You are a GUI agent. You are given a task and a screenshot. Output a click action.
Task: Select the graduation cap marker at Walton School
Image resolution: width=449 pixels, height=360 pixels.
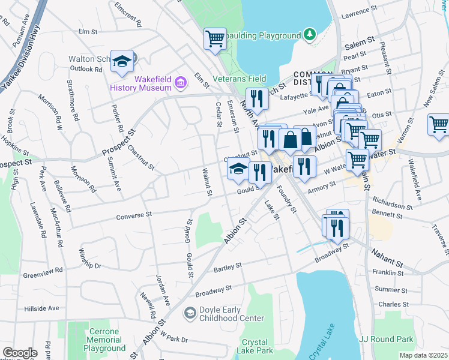click(122, 61)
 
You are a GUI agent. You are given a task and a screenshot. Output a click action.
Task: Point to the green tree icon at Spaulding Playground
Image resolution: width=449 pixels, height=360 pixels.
click(310, 34)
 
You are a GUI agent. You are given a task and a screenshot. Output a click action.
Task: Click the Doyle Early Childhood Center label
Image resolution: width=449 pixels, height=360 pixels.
click(231, 313)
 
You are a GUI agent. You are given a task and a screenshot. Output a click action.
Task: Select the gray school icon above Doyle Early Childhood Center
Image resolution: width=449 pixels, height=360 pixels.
click(190, 313)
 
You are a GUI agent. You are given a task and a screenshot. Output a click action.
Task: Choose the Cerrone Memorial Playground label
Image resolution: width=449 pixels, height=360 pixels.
click(104, 340)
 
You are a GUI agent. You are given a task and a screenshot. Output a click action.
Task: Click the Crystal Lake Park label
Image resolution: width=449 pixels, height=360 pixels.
click(255, 346)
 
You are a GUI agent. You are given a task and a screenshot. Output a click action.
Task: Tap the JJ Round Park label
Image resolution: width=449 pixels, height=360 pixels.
click(386, 339)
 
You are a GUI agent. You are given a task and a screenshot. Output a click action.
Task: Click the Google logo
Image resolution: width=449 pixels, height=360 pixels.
click(20, 353)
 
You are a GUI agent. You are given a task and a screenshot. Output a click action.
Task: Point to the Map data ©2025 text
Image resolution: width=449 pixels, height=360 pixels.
click(423, 355)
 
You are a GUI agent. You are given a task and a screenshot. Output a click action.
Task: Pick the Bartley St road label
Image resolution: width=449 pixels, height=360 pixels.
click(227, 266)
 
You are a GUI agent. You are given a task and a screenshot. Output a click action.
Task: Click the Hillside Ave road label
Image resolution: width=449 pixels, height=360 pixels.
click(41, 308)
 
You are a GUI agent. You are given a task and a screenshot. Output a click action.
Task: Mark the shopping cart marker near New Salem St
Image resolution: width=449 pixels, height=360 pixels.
click(439, 125)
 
